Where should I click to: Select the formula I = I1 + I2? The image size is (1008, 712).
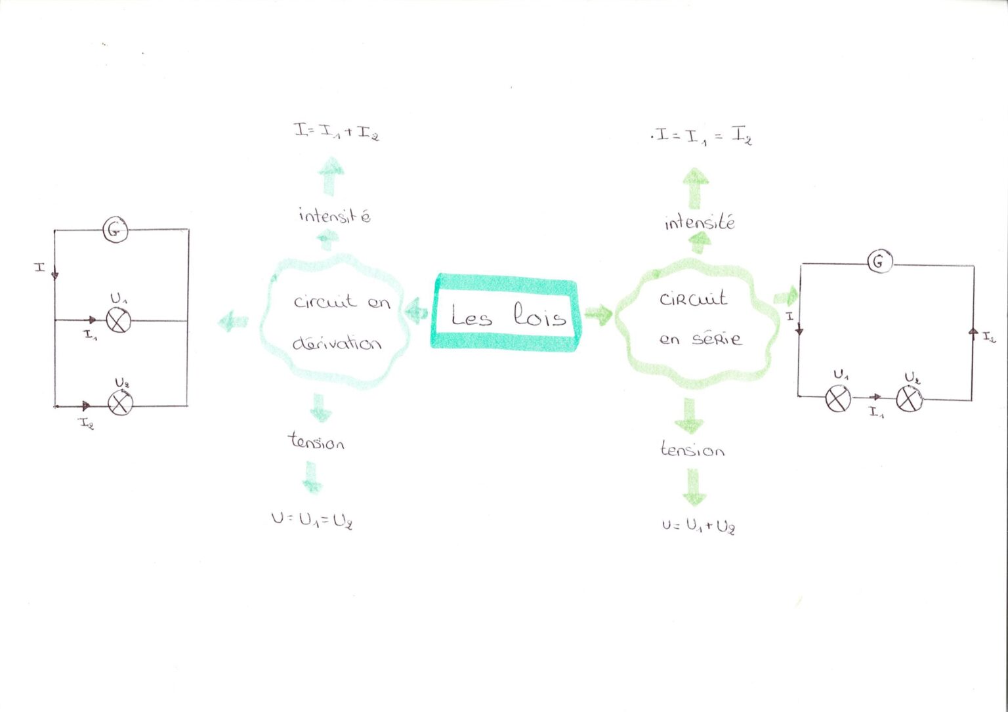tap(337, 132)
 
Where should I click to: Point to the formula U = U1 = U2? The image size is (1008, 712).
tap(312, 521)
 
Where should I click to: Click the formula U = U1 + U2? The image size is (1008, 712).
tap(698, 526)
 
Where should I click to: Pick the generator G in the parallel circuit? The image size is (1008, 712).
tap(115, 230)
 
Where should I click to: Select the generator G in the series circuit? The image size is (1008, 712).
tap(880, 262)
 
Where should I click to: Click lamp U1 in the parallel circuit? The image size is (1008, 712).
tap(119, 320)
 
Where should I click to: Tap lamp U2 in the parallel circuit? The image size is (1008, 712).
tap(120, 403)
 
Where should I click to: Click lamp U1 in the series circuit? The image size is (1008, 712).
tap(838, 399)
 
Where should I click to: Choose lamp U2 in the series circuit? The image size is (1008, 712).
tap(909, 399)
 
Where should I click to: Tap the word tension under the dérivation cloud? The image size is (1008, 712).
tap(316, 442)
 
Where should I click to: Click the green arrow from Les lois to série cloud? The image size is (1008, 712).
tap(598, 314)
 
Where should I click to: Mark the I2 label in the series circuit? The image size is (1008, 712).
tap(989, 337)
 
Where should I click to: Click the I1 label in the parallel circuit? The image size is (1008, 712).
tap(90, 335)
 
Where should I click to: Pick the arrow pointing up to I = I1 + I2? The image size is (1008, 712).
tap(331, 177)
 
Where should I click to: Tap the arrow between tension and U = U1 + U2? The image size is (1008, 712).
tap(694, 487)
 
